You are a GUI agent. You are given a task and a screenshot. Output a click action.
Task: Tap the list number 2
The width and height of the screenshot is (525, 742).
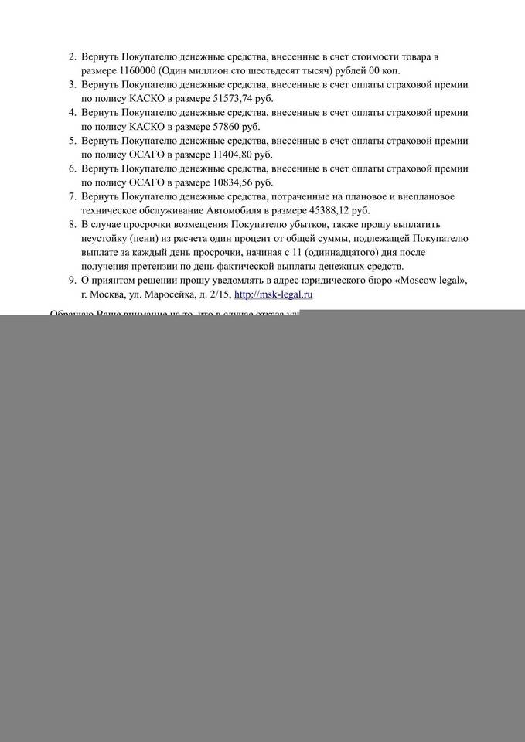point(72,56)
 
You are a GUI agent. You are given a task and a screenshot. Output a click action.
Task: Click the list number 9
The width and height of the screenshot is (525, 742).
point(72,280)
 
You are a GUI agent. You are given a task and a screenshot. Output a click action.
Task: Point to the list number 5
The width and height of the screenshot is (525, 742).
point(72,140)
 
